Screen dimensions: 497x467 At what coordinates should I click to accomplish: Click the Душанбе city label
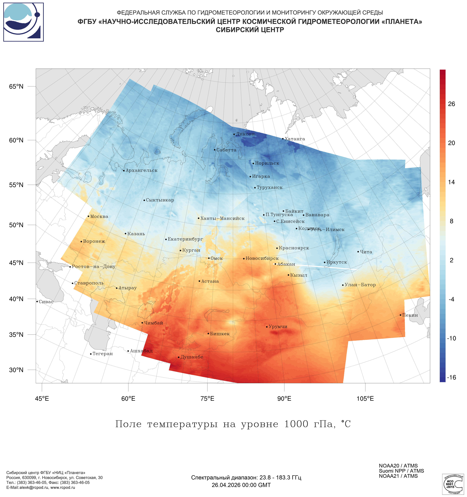[x=192, y=357]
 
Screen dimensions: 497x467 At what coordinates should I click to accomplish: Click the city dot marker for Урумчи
[x=267, y=327]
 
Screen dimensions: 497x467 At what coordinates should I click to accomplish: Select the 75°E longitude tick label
[x=207, y=398]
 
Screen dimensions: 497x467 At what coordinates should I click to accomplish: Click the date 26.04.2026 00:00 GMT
[x=241, y=485]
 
